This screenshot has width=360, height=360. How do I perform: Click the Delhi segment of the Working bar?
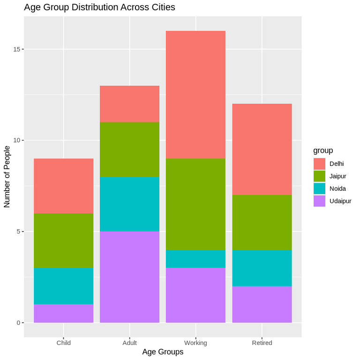tap(195, 95)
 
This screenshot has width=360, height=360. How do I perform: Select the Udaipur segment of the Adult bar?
tap(129, 277)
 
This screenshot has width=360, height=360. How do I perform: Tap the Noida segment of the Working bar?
tap(195, 259)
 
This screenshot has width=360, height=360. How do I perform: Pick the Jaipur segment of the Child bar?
tap(63, 240)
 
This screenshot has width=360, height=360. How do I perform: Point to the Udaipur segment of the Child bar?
tap(63, 314)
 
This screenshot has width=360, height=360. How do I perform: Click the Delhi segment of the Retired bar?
tap(262, 149)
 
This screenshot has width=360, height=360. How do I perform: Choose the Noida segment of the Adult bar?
tap(129, 204)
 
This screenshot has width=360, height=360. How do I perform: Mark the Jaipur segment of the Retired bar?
tap(262, 222)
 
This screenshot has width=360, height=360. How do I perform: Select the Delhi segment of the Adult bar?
tap(129, 104)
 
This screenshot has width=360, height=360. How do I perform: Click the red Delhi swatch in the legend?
tap(320, 164)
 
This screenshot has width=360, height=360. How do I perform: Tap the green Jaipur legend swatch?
tap(320, 176)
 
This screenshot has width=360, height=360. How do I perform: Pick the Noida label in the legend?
tap(337, 188)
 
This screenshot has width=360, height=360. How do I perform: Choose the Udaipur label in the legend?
tap(340, 201)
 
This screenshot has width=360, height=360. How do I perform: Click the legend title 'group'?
tap(323, 150)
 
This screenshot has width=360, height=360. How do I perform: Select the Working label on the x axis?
tap(195, 343)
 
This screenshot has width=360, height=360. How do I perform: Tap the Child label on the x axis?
tap(63, 343)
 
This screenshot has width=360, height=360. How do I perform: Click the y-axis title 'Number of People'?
tap(7, 176)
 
